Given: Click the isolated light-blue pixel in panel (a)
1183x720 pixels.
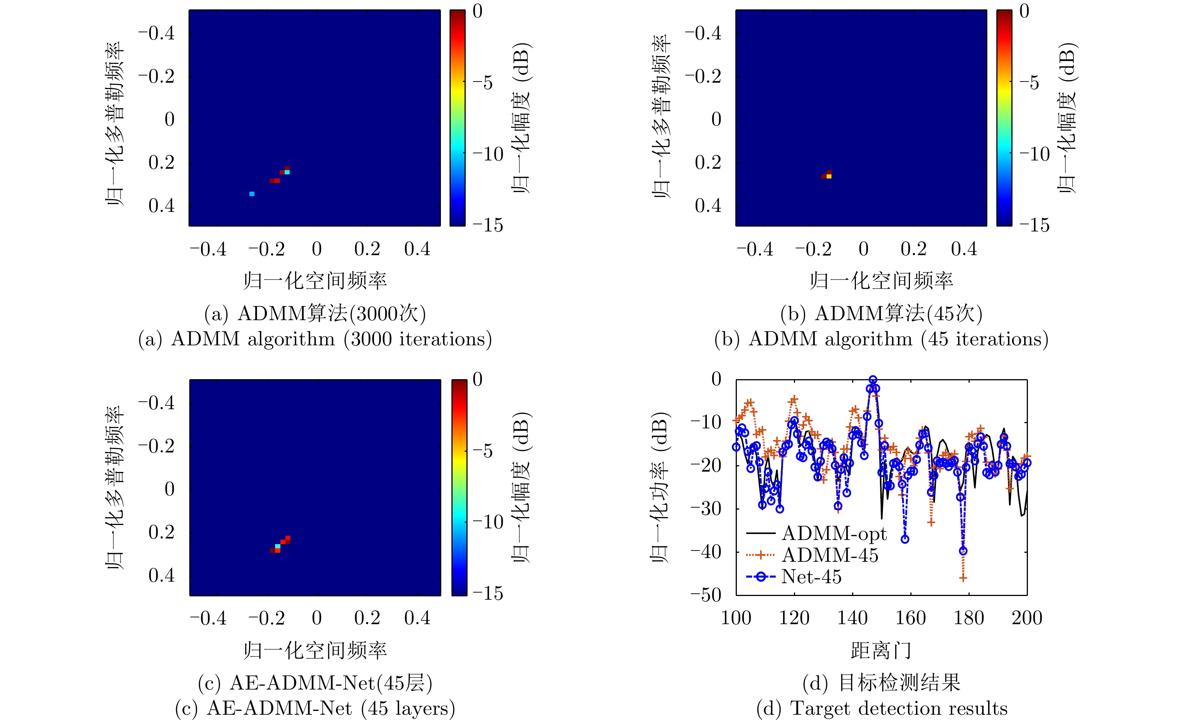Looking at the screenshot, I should point(252,194).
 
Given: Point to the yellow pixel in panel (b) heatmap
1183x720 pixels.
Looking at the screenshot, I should point(829,177).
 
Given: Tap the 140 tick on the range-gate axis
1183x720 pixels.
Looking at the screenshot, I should point(852,618).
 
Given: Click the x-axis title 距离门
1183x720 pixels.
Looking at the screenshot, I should point(881,650).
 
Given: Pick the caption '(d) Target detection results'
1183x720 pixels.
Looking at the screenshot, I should point(881,708).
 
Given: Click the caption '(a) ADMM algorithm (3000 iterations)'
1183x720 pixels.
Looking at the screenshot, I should point(315,339).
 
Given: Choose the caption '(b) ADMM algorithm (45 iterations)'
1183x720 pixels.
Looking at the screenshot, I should point(881,339).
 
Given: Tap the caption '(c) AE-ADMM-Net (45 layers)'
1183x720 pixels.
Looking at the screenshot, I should point(315,708).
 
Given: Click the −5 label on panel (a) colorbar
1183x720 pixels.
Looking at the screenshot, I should point(483,83).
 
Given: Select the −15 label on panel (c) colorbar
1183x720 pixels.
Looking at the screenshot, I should point(488,594).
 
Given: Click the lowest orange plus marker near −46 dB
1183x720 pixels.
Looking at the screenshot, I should point(963,578).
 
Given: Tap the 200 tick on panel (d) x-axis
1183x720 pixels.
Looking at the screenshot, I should point(1027,618).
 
